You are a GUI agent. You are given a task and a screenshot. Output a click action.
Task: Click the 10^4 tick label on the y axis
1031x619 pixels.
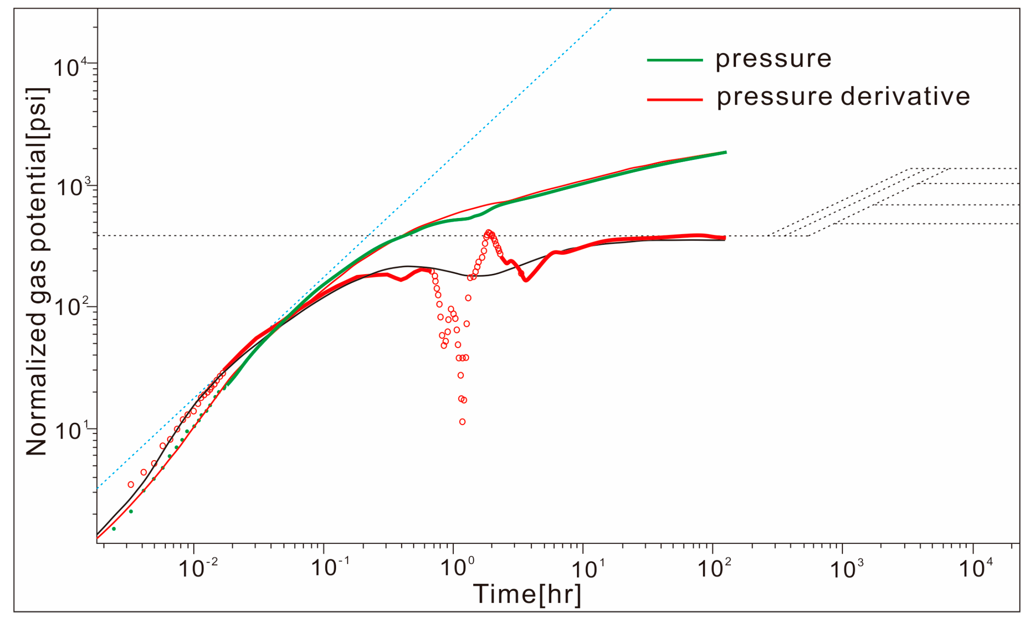coord(70,67)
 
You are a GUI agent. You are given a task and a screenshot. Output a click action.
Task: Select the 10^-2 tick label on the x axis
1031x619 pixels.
coord(198,569)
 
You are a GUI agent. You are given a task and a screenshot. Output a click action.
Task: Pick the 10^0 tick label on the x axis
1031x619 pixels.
coord(457,569)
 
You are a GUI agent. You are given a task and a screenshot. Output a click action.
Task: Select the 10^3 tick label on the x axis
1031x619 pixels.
coord(847,569)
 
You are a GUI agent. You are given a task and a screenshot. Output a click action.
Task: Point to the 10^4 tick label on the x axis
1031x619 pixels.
coord(976,569)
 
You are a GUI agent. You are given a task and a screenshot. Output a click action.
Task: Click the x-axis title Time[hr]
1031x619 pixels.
coord(527,594)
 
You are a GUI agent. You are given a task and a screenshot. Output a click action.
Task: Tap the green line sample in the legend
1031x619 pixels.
coord(675,61)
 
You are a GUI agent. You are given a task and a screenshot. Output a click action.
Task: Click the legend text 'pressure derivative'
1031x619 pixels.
coord(843,97)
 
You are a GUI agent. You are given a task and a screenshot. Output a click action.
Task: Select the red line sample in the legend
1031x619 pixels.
coord(675,100)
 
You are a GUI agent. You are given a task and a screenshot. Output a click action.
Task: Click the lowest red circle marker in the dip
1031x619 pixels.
coord(462,422)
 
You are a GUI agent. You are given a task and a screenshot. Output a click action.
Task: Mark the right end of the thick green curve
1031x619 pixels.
coord(725,152)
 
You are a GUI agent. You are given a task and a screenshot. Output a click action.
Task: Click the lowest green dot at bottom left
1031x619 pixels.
coord(114,529)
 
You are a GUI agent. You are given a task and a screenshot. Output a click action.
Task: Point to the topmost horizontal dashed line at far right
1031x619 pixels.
coord(981,169)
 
